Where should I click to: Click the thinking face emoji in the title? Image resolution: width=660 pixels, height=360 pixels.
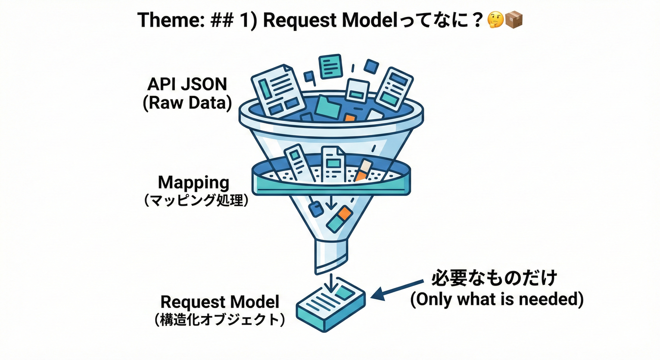coord(496,20)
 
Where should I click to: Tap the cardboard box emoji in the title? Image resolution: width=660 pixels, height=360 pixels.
coord(514,20)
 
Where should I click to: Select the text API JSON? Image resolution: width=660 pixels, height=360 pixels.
coord(187,84)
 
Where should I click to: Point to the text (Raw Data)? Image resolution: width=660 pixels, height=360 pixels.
coord(187,103)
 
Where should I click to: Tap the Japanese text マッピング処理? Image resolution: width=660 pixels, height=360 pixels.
coord(194,201)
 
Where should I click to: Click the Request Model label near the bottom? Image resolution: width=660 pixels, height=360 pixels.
coord(220,301)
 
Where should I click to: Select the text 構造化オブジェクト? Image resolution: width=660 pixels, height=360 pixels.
coord(220,320)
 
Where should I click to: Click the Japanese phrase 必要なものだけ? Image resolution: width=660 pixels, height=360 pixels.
coord(494,278)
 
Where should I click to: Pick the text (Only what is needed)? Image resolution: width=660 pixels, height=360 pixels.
coord(497,299)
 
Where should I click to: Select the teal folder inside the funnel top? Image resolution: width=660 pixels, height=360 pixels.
coord(328,107)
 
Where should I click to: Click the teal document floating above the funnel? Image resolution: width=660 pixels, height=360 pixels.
coord(330,66)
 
